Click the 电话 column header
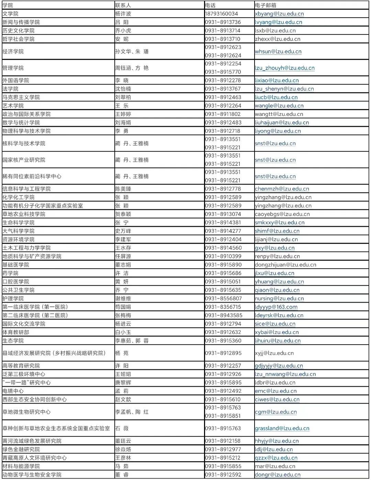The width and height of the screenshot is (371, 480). pos(210,5)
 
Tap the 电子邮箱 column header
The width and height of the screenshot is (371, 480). pos(266,5)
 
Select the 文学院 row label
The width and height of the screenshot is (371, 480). pos(11,14)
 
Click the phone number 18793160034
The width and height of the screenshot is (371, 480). pos(221,14)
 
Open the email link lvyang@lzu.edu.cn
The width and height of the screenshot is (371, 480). pos(278,22)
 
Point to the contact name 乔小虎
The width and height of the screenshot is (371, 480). pos(123,31)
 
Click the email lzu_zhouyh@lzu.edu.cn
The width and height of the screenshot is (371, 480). pos(284,68)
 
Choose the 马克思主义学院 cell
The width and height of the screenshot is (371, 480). pos(21,97)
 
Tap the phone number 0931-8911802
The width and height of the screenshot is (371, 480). pos(223,114)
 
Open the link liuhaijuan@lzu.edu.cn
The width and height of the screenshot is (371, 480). pos(282,122)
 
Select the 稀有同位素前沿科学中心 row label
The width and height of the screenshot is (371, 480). pos(32,176)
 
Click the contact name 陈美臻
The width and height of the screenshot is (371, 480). pos(123,189)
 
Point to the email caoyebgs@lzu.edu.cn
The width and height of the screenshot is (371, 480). pos(282,214)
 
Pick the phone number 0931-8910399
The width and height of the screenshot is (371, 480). pos(223,256)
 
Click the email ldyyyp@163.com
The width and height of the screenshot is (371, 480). pos(276,307)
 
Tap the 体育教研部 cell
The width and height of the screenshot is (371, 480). pos(16,332)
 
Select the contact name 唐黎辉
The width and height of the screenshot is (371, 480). pos(123,382)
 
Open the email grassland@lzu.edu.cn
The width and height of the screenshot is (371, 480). pos(282,428)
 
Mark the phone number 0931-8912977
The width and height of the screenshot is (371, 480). pos(223,449)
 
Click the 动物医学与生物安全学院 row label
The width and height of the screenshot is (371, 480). pos(32,474)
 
